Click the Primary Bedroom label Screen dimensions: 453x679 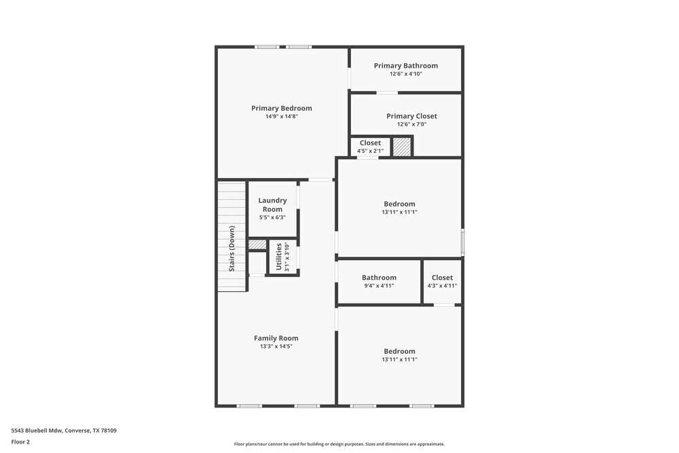(281, 108)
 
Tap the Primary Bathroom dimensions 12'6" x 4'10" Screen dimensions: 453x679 (405, 74)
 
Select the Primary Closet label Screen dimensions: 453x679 (411, 116)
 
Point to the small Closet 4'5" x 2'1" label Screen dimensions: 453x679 (370, 143)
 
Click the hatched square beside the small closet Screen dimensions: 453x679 (402, 147)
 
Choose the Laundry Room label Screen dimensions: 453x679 (272, 204)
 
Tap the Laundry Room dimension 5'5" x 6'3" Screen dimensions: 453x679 (272, 218)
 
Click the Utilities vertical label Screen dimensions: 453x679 (278, 257)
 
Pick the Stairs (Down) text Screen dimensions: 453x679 (232, 249)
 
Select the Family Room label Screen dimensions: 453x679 (276, 338)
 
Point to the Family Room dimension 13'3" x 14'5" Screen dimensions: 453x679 (276, 346)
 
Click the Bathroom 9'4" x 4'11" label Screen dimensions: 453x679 (379, 278)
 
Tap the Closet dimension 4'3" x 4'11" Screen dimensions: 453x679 (442, 286)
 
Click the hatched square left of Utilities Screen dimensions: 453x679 (257, 244)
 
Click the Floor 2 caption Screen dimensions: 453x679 (20, 441)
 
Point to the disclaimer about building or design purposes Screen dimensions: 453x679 (339, 444)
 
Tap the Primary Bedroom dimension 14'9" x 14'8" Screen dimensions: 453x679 (281, 116)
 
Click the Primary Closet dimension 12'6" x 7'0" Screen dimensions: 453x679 (411, 124)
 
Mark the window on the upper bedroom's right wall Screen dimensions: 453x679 (463, 240)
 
